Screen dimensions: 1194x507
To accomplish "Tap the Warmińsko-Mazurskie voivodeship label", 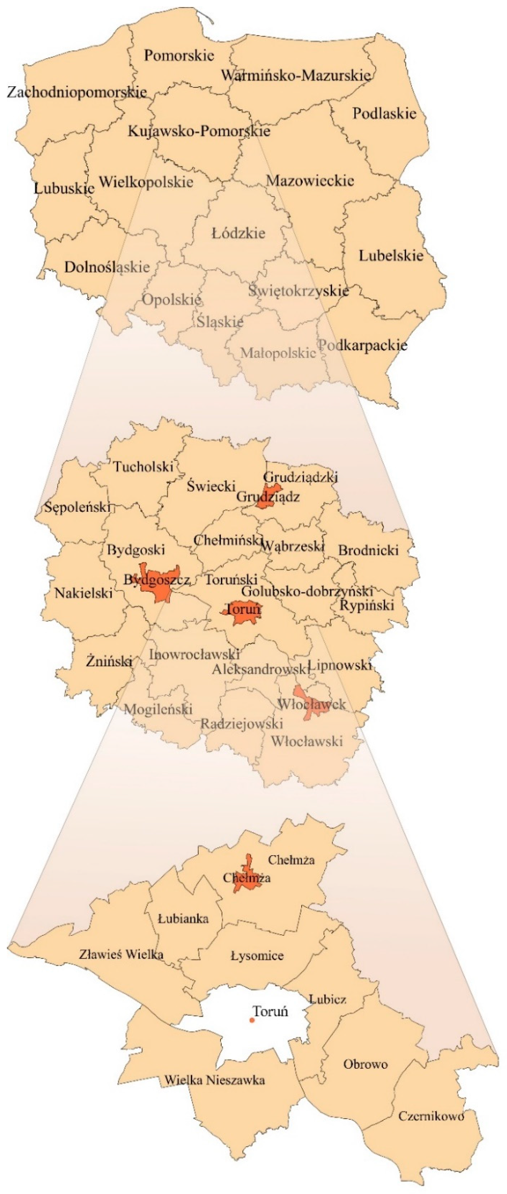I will (295, 75).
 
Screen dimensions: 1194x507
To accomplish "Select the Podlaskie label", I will (384, 114).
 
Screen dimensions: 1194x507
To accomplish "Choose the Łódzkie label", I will (238, 233).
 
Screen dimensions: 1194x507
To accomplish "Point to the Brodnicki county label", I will (368, 551).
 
